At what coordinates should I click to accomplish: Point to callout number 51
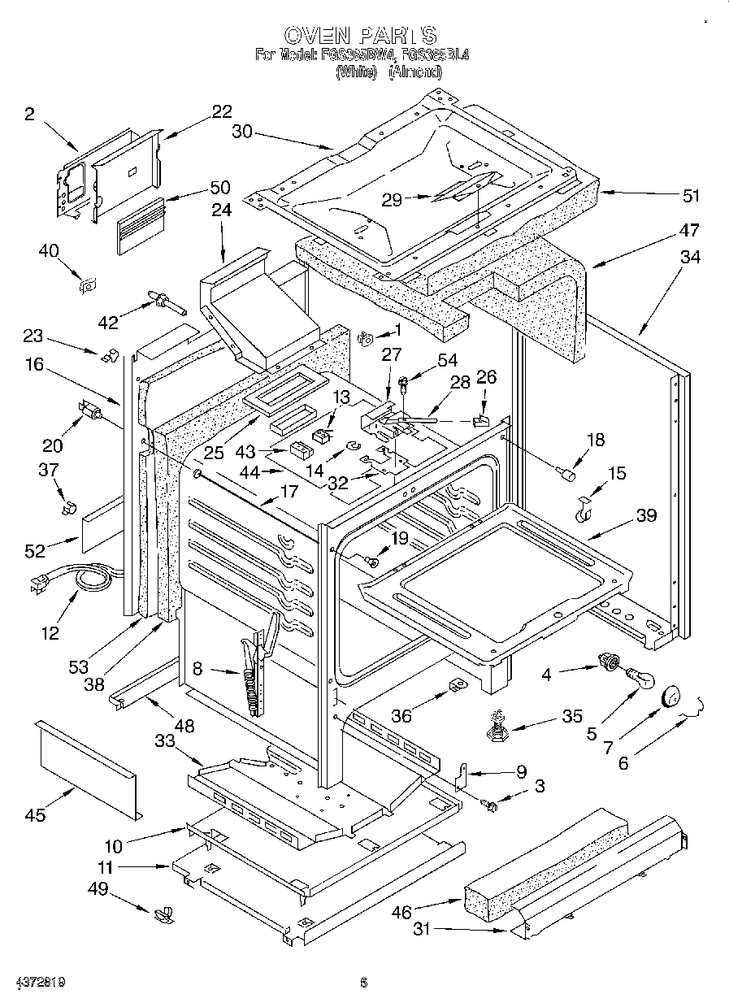tap(691, 195)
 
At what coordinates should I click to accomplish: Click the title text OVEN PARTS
tap(361, 35)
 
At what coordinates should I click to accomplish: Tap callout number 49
tap(98, 888)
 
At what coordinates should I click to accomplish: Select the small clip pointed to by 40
tap(86, 284)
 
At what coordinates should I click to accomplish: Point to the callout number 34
tap(690, 258)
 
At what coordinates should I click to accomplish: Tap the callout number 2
tap(30, 115)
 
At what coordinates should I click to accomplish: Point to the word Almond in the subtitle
tap(414, 72)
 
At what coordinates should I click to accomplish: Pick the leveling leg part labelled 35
tap(495, 723)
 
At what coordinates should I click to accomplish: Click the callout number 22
tap(221, 111)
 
